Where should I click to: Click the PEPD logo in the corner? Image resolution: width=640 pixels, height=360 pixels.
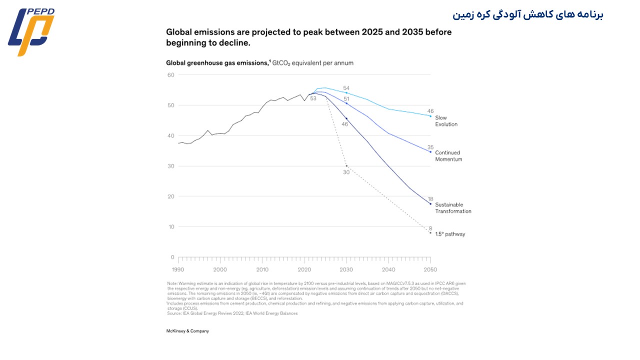[31, 32]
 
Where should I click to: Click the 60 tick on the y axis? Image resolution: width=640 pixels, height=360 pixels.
[171, 75]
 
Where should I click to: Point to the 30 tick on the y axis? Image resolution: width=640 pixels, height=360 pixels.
[171, 166]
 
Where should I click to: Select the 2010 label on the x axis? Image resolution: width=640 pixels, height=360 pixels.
[262, 269]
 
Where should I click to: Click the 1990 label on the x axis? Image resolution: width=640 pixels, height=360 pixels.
[178, 269]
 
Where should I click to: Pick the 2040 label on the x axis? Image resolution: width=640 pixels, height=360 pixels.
[388, 269]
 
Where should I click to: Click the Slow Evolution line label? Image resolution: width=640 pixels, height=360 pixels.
[446, 121]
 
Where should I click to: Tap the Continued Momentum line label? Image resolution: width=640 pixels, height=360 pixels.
[448, 156]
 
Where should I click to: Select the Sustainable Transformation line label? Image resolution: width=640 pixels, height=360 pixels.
[452, 208]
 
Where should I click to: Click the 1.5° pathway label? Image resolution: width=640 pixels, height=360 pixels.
[450, 234]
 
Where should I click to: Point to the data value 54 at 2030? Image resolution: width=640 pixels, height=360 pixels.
[346, 88]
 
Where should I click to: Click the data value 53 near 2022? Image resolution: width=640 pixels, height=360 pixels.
[313, 98]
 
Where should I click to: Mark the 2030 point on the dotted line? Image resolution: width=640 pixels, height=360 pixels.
[346, 166]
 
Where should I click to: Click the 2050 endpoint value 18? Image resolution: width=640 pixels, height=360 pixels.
[430, 199]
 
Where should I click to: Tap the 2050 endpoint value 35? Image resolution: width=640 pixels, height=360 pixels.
[430, 147]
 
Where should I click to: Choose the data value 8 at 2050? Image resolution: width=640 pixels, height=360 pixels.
[430, 228]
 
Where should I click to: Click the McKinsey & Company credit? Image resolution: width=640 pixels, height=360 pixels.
[187, 331]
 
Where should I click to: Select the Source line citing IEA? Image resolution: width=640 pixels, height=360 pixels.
[232, 313]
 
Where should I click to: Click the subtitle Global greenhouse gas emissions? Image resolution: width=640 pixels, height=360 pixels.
[217, 63]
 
